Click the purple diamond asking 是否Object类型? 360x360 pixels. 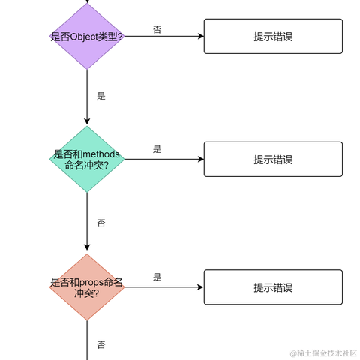click(87, 36)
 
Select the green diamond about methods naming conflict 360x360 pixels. click(87, 159)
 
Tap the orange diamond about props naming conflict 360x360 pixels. click(87, 287)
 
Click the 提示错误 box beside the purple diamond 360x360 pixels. click(273, 36)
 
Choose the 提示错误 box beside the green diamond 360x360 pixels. click(273, 159)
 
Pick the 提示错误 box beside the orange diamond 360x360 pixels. click(273, 287)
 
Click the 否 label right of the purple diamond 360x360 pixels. click(157, 29)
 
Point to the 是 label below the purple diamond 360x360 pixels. click(101, 96)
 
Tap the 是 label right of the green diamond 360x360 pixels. click(157, 149)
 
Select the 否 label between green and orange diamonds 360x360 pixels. click(101, 223)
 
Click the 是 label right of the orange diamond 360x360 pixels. click(157, 277)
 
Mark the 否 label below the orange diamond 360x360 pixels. click(101, 344)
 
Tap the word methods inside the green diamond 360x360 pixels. click(101, 154)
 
